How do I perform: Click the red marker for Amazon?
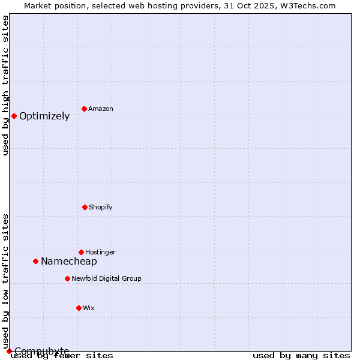coord(85,109)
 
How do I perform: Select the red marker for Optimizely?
coord(14,116)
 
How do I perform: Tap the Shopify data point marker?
coord(85,207)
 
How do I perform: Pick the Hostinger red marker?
coord(81,252)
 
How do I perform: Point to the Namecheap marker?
coord(35,261)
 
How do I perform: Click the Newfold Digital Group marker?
coord(67,278)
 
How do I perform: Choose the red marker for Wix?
coord(79,308)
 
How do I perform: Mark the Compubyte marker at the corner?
coord(9,351)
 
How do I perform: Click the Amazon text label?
coord(101,109)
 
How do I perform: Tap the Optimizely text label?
coord(44,116)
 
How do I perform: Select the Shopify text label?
coord(101,207)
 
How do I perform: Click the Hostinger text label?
coord(100,252)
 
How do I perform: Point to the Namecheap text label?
coord(69,262)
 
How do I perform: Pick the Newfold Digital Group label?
coord(106,278)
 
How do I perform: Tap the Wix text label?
coord(89,308)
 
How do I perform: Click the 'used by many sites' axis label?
coord(301,355)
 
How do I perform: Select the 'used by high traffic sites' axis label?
coord(5,85)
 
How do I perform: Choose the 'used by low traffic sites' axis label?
coord(5,281)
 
